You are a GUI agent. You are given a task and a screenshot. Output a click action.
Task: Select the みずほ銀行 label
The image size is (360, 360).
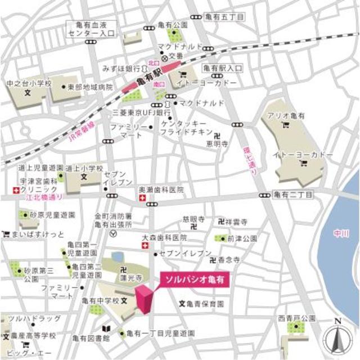pyautogui.click(x=120, y=68)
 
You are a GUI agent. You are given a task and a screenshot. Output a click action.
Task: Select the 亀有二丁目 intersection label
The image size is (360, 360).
pyautogui.click(x=293, y=195)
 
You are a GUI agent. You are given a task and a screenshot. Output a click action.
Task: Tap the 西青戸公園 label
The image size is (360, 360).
pyautogui.click(x=296, y=318)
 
